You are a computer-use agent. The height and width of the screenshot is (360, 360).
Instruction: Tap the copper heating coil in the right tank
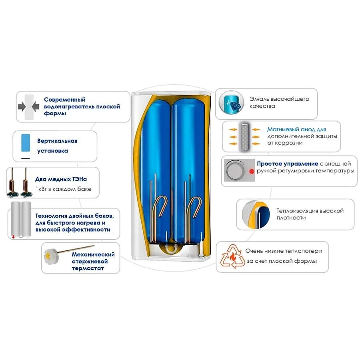click(196, 206)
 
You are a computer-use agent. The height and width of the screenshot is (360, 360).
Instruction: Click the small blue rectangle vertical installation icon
click(25, 142)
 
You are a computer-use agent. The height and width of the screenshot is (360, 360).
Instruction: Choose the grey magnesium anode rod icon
click(244, 136)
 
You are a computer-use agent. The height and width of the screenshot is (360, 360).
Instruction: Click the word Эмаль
click(258, 99)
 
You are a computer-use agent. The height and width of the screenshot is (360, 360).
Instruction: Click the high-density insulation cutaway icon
click(255, 215)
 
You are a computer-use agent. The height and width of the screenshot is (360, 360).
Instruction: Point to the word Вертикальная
click(57, 141)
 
